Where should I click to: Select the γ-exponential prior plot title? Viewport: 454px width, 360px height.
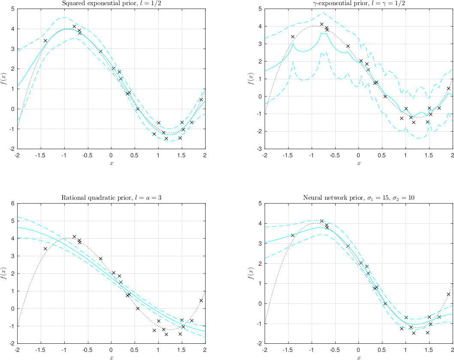point(358,3)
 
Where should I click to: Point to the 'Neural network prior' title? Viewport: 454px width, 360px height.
point(358,198)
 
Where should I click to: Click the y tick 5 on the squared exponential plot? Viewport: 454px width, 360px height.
point(13,9)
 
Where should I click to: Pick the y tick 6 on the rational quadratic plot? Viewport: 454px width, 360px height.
point(13,204)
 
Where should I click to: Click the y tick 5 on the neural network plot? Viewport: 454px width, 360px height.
point(260,204)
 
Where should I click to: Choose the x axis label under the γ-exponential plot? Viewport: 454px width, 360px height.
point(358,163)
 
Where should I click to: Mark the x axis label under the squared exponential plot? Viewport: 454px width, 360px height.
point(111,163)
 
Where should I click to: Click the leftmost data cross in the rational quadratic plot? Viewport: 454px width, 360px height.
point(45,249)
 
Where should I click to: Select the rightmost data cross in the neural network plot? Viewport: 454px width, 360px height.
point(448,294)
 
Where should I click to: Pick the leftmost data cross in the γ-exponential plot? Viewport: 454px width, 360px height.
point(293,37)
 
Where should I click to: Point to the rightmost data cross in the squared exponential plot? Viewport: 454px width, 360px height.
point(201,99)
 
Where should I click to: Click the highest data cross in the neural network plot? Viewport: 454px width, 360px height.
point(322,221)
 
